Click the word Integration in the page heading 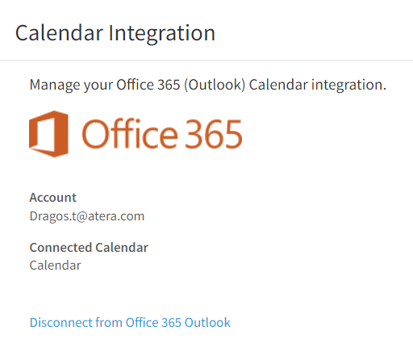[x=162, y=34]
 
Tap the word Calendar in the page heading [x=59, y=33]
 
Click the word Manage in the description [x=55, y=86]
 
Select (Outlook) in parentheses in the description [x=215, y=85]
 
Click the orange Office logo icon [x=48, y=134]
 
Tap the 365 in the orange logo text [x=215, y=134]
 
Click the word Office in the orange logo [x=130, y=133]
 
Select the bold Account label [x=53, y=198]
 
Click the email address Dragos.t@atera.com [x=87, y=216]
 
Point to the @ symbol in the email [x=82, y=216]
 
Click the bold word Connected [x=60, y=248]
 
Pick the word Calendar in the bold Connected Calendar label [x=122, y=248]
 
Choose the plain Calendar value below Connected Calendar [x=55, y=266]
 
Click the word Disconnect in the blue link [x=60, y=323]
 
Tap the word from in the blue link [x=109, y=323]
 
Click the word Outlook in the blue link [x=207, y=323]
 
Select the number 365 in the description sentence [x=169, y=85]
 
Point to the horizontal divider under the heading [x=206, y=61]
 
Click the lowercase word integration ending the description [x=348, y=86]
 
